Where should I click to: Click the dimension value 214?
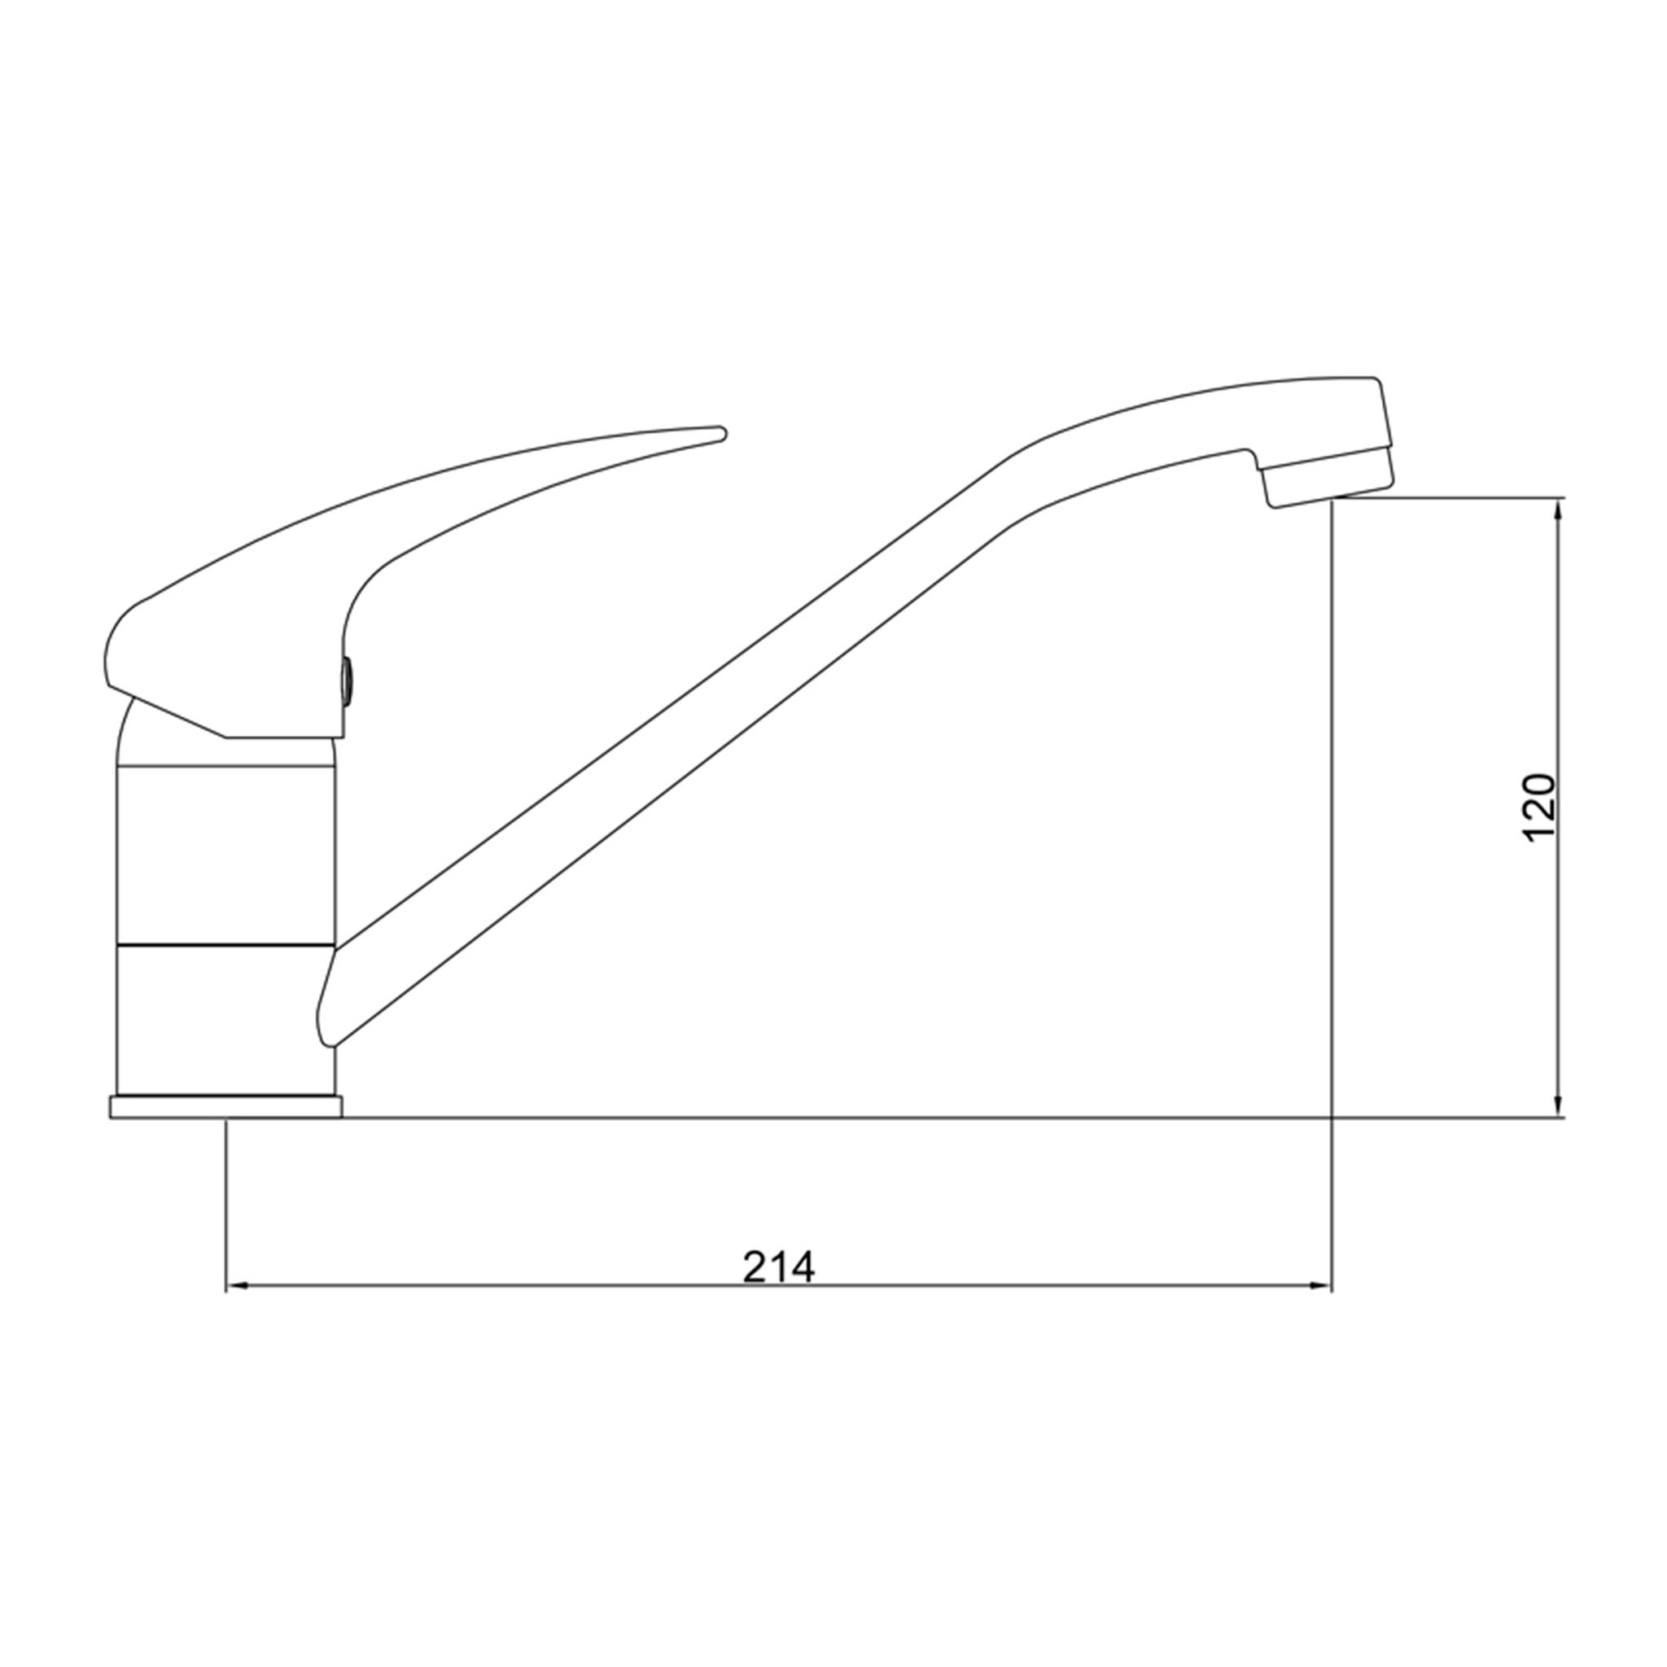[778, 1267]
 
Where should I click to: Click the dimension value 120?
[1539, 807]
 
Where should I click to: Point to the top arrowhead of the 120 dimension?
[1557, 512]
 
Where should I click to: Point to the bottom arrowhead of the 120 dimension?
[1557, 1105]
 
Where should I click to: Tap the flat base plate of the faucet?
[225, 1107]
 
